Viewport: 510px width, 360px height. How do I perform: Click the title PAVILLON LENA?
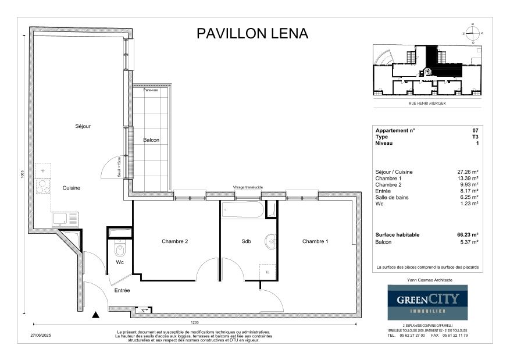252,33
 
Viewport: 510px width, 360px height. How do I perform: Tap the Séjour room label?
83,126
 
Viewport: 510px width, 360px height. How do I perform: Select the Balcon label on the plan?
151,140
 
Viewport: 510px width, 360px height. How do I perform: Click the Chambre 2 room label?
174,241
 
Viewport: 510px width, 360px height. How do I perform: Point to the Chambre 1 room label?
315,241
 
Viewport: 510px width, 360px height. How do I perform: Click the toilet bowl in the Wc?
120,251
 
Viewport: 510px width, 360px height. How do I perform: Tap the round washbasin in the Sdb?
270,242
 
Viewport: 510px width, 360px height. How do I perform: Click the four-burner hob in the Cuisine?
42,186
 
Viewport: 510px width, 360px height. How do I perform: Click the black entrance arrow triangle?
95,315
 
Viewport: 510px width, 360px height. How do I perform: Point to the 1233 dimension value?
195,322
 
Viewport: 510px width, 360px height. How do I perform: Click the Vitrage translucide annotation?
248,187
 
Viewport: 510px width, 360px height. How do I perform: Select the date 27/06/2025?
41,336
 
